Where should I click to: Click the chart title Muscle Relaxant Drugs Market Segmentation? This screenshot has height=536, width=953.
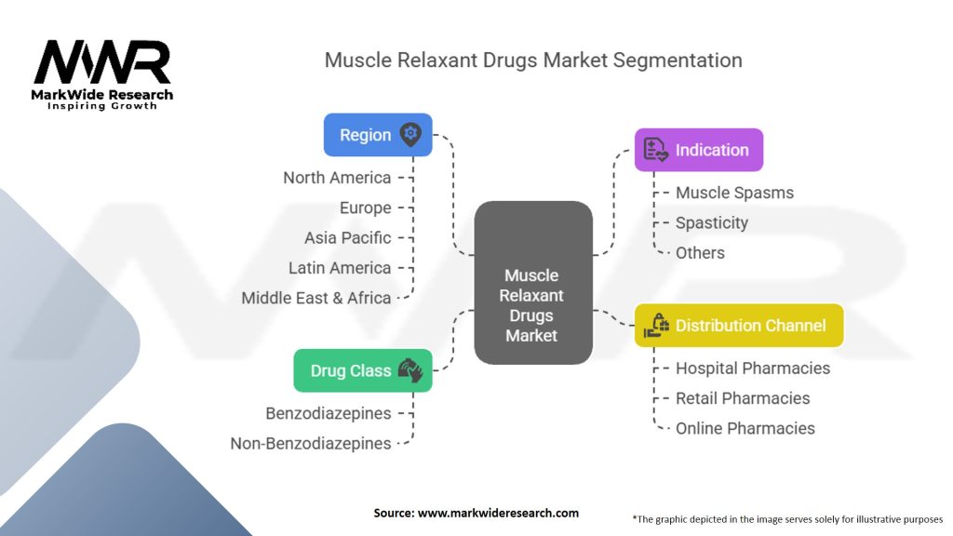[533, 60]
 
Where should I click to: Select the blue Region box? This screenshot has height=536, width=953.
[377, 135]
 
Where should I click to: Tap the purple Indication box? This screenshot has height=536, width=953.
[698, 150]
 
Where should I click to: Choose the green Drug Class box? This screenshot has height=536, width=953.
[363, 370]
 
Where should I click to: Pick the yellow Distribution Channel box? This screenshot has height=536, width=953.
[739, 326]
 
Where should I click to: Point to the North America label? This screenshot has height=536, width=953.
[337, 178]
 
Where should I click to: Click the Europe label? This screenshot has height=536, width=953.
[365, 208]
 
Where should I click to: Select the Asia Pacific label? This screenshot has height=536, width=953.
[347, 237]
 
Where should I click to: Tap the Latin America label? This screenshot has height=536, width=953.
[340, 268]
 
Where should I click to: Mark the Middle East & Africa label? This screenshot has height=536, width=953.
[316, 298]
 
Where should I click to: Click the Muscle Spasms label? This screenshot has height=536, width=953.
[734, 193]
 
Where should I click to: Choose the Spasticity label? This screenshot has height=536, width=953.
[711, 222]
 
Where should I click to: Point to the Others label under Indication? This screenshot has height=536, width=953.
[700, 252]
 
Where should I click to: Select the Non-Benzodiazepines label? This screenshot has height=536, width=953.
[311, 444]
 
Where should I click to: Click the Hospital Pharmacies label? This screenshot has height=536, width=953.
[752, 368]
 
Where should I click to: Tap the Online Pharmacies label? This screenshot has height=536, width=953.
[745, 428]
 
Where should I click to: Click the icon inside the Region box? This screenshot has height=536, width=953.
[409, 135]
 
